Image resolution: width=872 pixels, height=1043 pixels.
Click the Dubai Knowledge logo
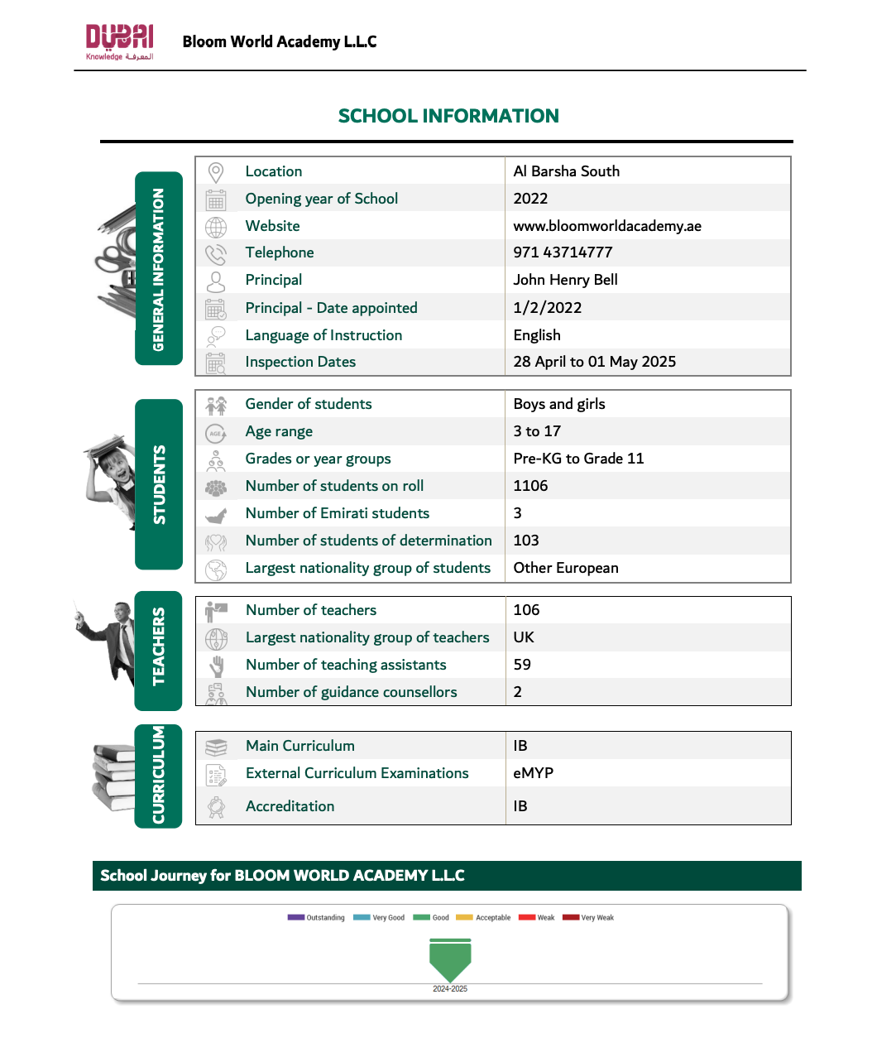coord(120,41)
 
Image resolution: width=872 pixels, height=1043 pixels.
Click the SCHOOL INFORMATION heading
coord(448,116)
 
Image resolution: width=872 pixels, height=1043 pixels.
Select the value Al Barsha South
coord(566,171)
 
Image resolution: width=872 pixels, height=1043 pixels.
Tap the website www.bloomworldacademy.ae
coord(606,226)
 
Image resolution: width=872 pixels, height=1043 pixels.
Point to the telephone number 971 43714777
coord(563,252)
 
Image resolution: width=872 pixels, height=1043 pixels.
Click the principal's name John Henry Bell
coord(565,280)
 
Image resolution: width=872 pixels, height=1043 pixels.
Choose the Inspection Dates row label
coord(300,362)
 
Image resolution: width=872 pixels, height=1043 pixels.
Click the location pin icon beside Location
coord(216,172)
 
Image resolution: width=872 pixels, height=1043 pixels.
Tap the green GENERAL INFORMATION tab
coord(159,268)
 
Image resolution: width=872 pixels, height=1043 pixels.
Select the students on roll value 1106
coord(530,486)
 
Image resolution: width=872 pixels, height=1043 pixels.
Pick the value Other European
coord(565,568)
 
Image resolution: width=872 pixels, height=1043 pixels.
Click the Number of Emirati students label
coord(337,513)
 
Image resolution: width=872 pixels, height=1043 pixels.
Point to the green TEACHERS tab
coord(158,651)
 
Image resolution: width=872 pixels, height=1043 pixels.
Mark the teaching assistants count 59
coord(522,665)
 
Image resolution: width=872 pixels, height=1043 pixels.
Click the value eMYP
coord(533,773)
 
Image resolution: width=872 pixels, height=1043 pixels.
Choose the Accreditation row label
coord(290,806)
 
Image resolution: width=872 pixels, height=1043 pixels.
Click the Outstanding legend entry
coord(316,917)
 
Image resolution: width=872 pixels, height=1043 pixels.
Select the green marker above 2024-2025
coord(450,959)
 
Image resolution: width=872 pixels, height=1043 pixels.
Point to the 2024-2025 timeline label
coord(450,989)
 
